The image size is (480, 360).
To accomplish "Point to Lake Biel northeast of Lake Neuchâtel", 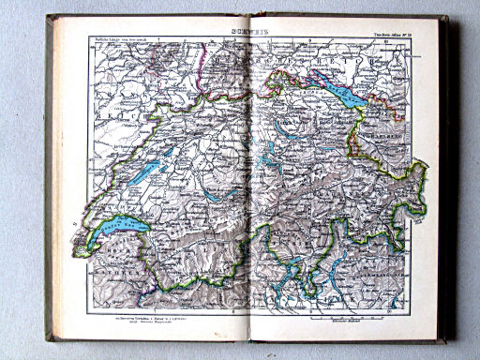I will tap(174, 151).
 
